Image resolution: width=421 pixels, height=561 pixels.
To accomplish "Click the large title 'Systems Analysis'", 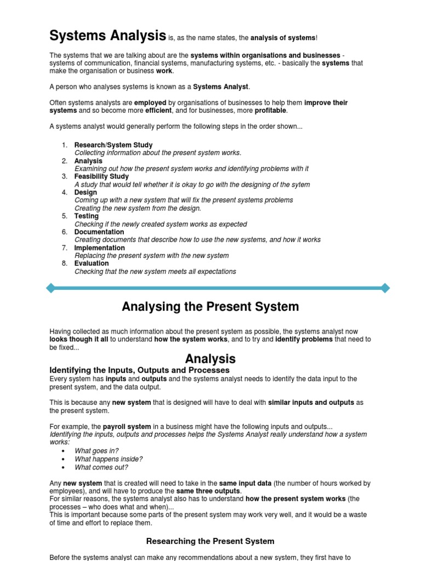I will click(107, 36).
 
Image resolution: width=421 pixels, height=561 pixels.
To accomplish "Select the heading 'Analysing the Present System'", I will click(210, 307).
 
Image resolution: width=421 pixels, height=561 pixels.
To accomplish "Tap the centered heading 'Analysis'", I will click(210, 359).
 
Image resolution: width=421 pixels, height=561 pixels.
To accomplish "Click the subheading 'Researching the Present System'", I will click(210, 541).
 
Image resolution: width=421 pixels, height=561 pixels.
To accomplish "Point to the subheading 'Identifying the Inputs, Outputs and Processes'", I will click(139, 370).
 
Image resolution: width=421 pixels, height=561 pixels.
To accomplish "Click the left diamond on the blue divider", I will click(51, 288).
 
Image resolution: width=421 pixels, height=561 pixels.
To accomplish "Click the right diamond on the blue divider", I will click(385, 288).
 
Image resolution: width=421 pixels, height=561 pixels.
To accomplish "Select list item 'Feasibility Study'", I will click(101, 176).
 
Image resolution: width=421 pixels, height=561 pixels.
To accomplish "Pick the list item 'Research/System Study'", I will click(113, 145).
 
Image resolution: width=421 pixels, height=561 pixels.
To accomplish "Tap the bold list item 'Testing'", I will click(87, 216).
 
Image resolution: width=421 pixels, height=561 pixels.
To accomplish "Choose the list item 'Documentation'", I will click(99, 232).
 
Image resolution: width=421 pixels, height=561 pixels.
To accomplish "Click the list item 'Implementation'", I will click(100, 248).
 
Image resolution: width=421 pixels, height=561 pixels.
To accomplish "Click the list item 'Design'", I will click(86, 192).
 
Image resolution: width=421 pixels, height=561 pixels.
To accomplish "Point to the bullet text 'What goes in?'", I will click(96, 451).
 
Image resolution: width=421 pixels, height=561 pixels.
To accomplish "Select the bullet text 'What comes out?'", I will click(101, 467).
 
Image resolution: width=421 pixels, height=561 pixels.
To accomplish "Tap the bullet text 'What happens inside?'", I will click(109, 459).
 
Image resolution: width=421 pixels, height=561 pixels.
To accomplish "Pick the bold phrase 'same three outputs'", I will click(208, 491).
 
